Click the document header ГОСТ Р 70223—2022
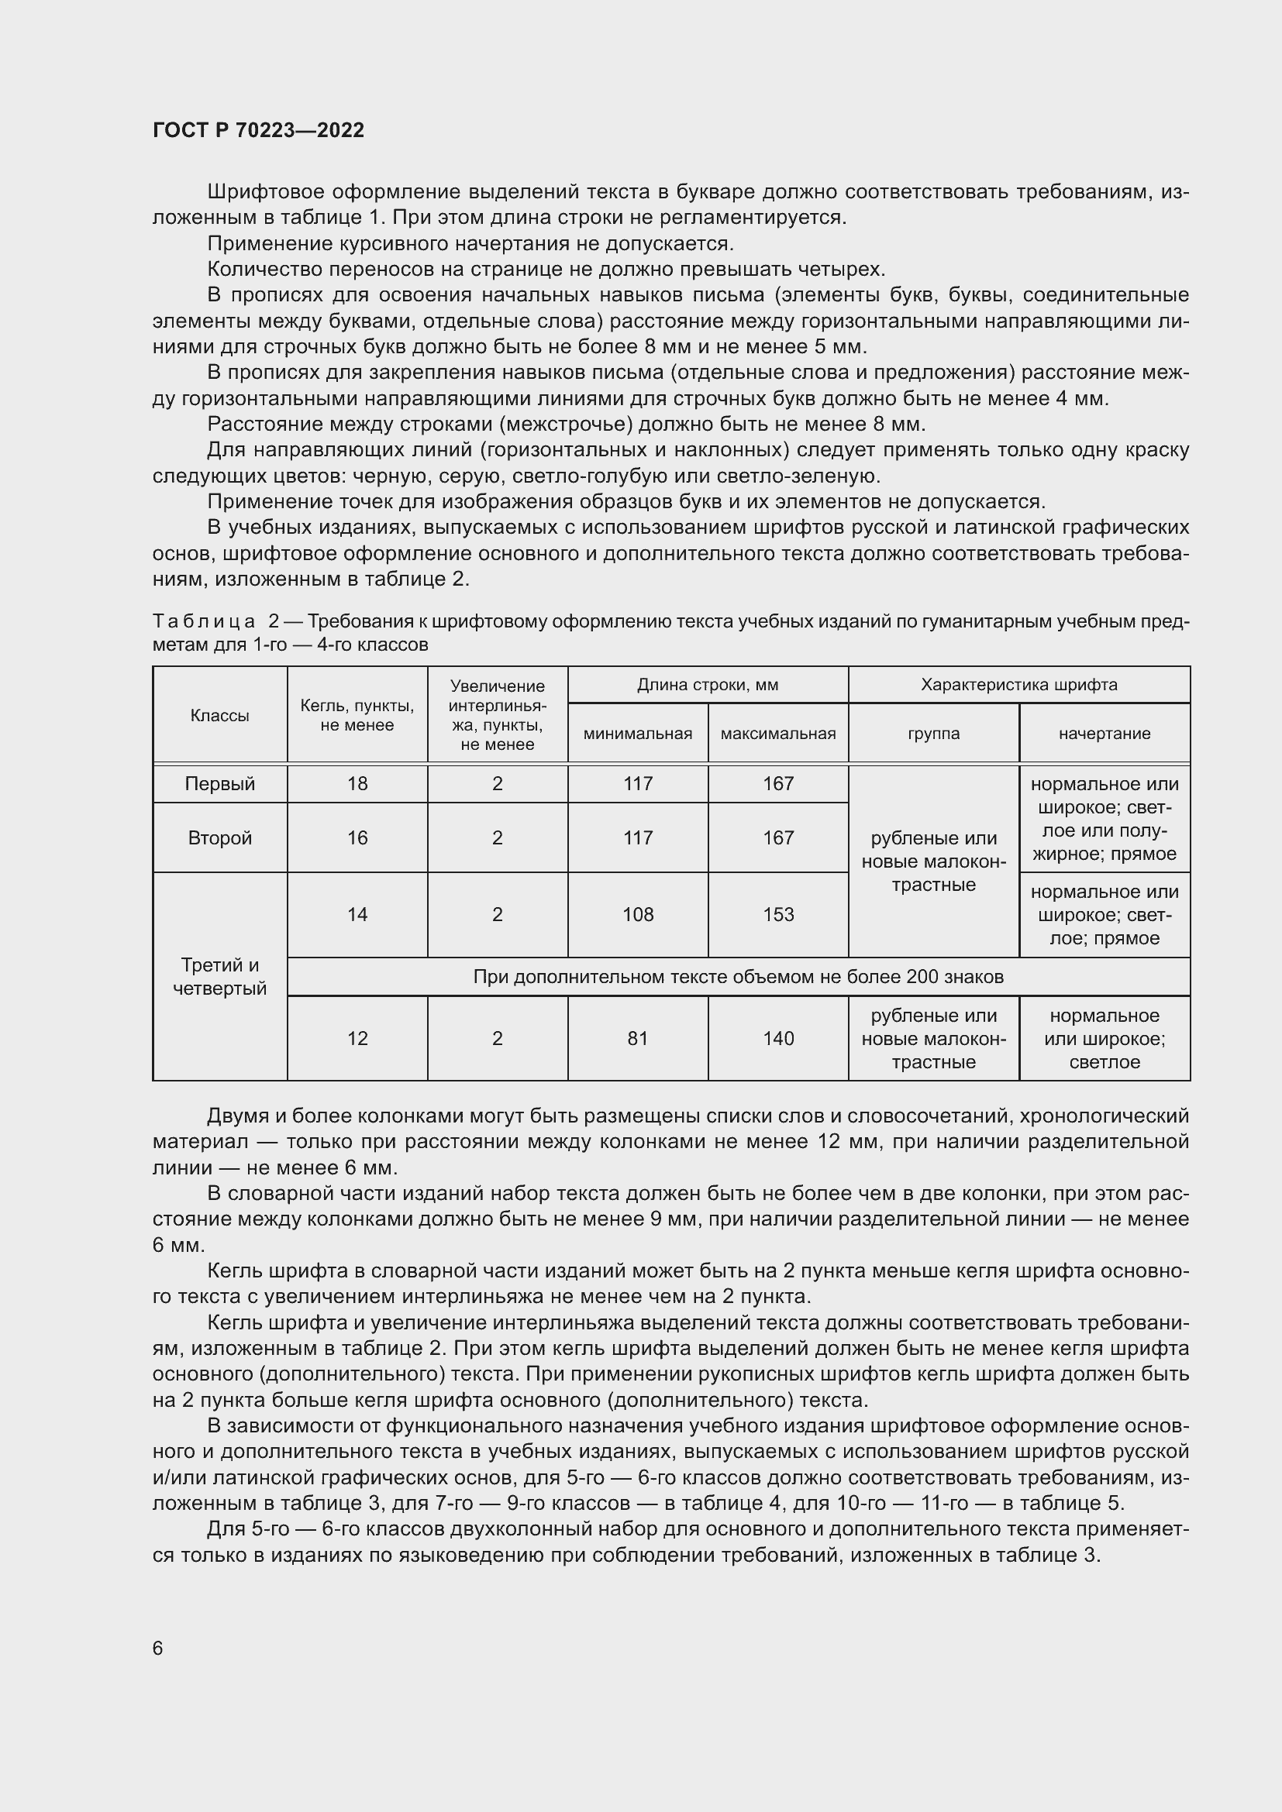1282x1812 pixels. pyautogui.click(x=258, y=130)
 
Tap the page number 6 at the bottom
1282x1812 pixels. pyautogui.click(x=158, y=1648)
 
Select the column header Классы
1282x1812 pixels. pyautogui.click(x=219, y=716)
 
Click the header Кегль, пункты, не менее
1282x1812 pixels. pyautogui.click(x=357, y=716)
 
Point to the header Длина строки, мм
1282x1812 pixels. pyautogui.click(x=708, y=685)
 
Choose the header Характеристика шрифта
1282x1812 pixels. pyautogui.click(x=1018, y=685)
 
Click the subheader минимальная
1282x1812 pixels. pyautogui.click(x=637, y=734)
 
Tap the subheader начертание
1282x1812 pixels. pyautogui.click(x=1104, y=734)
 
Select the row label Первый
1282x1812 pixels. pyautogui.click(x=219, y=784)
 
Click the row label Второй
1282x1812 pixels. pyautogui.click(x=219, y=838)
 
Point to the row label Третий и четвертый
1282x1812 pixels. pyautogui.click(x=219, y=976)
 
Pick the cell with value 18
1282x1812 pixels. pyautogui.click(x=357, y=784)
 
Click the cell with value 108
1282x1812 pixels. pyautogui.click(x=637, y=915)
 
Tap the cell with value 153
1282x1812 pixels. pyautogui.click(x=777, y=915)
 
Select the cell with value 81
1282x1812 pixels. pyautogui.click(x=637, y=1039)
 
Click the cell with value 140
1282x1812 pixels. pyautogui.click(x=777, y=1039)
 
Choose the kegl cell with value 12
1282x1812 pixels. pyautogui.click(x=357, y=1039)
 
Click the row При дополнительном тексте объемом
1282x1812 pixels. pyautogui.click(x=737, y=977)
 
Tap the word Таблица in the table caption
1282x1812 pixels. pyautogui.click(x=204, y=622)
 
